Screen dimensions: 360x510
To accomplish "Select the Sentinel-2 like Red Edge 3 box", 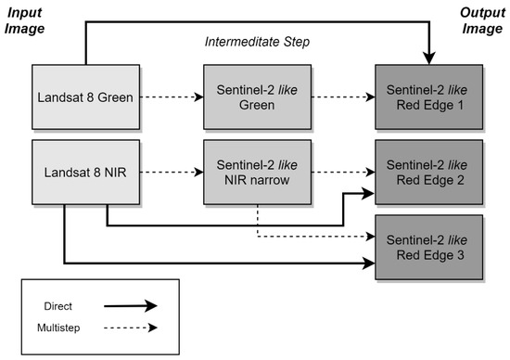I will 428,246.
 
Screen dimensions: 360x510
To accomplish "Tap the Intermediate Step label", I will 256,43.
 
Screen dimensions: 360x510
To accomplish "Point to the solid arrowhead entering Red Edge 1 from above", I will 430,56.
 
